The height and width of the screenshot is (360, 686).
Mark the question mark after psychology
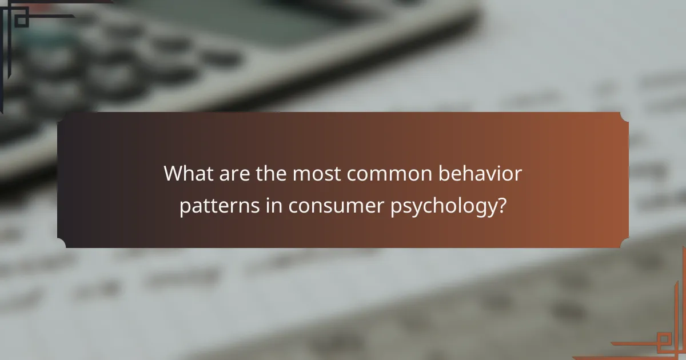pos(501,206)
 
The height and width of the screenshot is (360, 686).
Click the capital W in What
pos(174,174)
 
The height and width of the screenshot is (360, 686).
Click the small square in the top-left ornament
pos(21,20)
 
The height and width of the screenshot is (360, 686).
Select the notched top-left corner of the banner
pos(61,116)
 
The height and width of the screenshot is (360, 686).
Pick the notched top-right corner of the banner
pos(624,116)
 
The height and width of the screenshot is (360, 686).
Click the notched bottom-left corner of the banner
pos(61,244)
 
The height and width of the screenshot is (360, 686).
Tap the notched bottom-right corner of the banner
pos(624,244)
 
